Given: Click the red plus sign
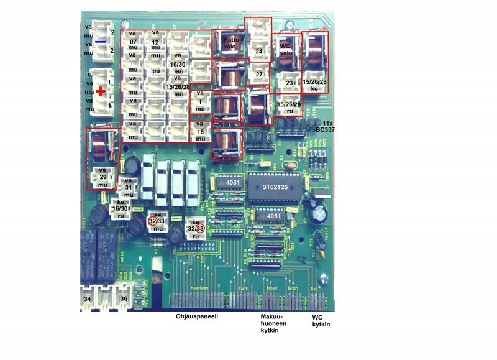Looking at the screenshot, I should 101,91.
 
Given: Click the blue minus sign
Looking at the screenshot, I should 101,42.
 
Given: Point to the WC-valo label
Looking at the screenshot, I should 286,49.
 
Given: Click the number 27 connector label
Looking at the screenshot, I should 259,73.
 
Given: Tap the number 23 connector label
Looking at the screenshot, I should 288,82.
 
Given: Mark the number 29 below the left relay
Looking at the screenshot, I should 103,177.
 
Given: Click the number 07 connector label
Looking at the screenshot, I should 132,40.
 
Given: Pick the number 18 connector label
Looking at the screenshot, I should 199,132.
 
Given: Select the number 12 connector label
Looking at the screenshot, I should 155,40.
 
